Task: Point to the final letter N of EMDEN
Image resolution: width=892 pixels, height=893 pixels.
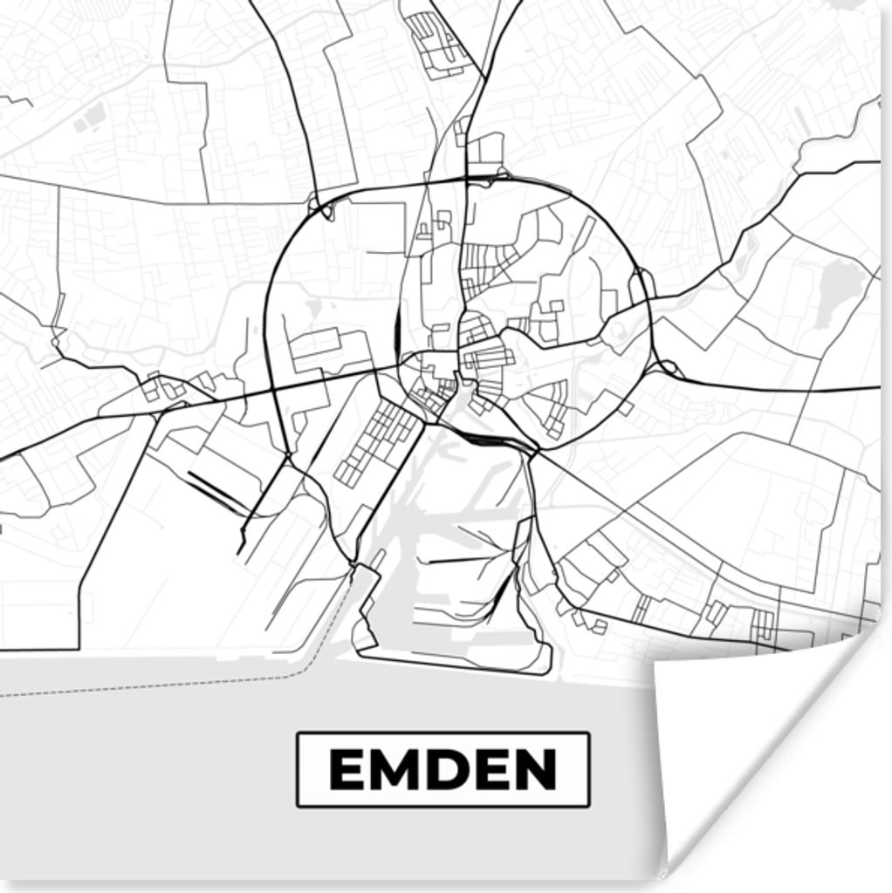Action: (534, 769)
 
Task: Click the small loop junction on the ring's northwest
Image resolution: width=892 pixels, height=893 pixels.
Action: (324, 210)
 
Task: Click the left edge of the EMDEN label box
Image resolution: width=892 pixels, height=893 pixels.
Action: (298, 769)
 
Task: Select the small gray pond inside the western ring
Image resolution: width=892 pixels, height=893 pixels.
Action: (313, 307)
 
